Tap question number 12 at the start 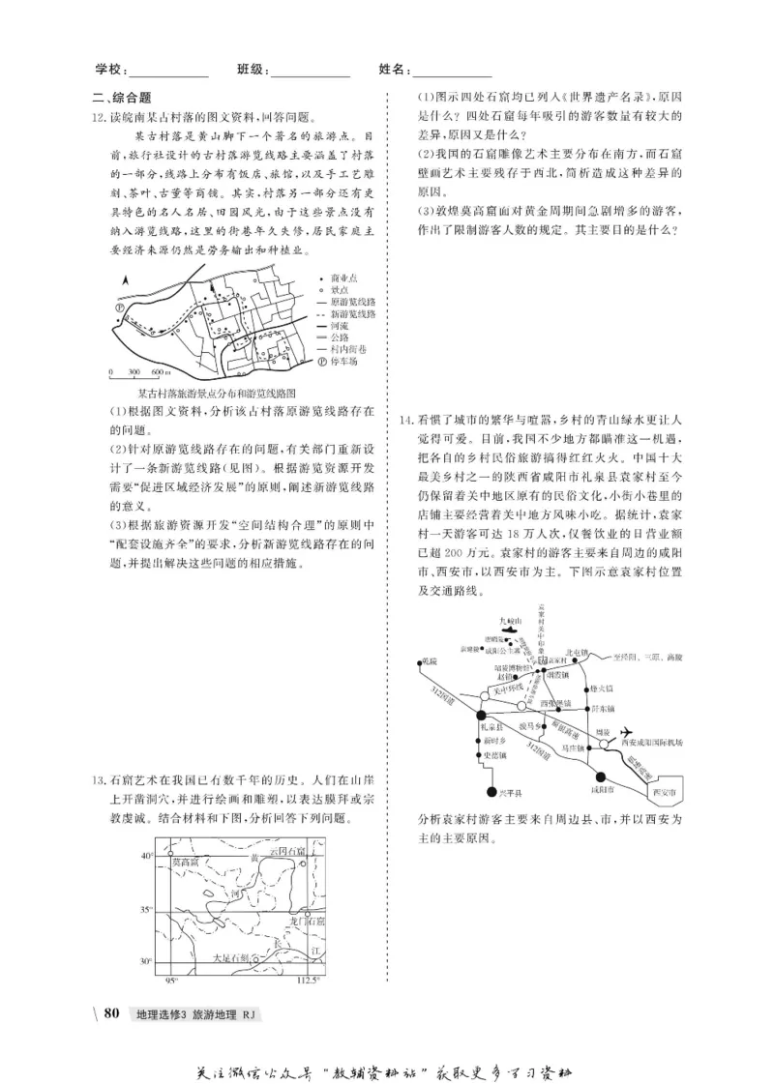95,114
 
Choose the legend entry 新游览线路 352,314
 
